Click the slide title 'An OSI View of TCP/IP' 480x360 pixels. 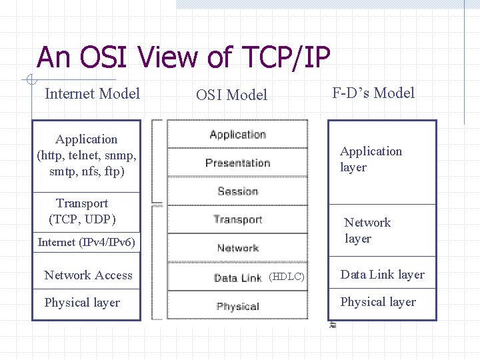pos(183,58)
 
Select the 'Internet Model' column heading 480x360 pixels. pos(92,93)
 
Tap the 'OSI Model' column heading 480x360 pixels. pos(231,95)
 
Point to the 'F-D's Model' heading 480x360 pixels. pos(373,93)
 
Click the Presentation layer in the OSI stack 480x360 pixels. pos(237,163)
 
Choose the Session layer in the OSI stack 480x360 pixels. pos(237,191)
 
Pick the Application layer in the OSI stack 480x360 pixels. pos(237,134)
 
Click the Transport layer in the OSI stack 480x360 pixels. pos(237,219)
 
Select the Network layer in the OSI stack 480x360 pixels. pos(237,248)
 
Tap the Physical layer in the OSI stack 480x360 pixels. pos(237,307)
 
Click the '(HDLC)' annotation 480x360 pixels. pos(287,277)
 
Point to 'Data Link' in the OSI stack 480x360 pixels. pos(237,278)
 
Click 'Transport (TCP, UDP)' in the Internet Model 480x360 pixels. pos(82,211)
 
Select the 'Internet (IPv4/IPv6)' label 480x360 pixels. pos(87,242)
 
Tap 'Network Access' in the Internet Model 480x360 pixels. pos(88,275)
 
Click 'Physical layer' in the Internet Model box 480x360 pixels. pos(82,303)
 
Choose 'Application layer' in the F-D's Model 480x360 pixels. pos(371,159)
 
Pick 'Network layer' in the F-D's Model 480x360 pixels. pos(367,231)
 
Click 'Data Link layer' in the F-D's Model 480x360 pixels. pos(382,275)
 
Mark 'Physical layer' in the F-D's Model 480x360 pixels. pos(378,302)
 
